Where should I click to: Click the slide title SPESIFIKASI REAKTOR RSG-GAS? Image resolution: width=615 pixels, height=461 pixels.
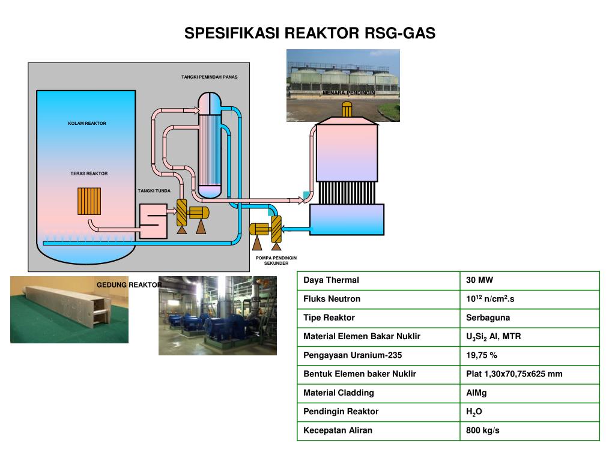coord(309,33)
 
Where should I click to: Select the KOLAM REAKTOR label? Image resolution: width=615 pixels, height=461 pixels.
coord(87,124)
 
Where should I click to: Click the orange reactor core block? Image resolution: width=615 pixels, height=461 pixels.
coord(89,201)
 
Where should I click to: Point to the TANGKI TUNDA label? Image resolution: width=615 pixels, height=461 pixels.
coord(154,191)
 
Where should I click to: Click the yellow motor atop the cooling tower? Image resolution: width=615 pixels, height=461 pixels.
coord(347,109)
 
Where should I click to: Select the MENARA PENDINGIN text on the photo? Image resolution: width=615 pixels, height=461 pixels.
coord(348,93)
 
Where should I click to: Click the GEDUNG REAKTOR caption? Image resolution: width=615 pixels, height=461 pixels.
coord(129,285)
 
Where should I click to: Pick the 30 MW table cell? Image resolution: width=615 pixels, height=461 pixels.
coord(479,280)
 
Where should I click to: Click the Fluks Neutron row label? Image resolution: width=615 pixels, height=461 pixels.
coord(332,299)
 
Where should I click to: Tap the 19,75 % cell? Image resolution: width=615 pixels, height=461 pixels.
coord(482,355)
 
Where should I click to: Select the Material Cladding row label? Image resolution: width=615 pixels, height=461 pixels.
coord(338,393)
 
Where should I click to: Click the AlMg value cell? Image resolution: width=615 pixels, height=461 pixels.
coord(476,393)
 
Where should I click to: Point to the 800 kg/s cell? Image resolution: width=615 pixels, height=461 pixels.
coord(483,430)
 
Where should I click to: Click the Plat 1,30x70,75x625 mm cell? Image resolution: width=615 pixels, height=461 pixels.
coord(514,374)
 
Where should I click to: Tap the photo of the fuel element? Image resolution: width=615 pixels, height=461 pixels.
coord(69,310)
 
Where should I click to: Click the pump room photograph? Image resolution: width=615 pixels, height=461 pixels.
coord(217,316)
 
